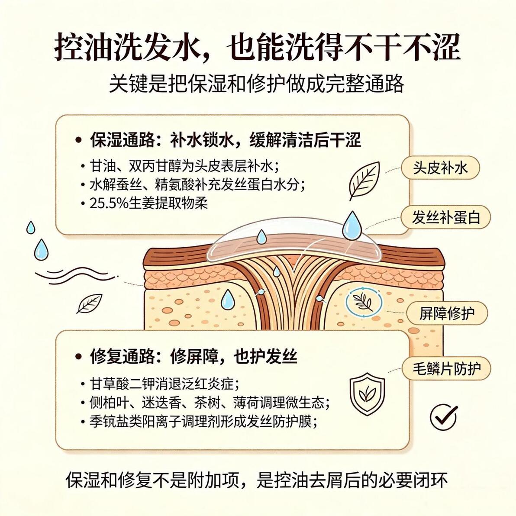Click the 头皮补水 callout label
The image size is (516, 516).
coord(440,168)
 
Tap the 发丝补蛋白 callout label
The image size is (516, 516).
coord(446,217)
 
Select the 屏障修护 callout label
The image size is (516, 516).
coord(447,313)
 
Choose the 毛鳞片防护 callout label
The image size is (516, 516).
coord(447,368)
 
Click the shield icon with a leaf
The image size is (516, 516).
coord(367,392)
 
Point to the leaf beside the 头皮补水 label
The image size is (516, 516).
coord(364,181)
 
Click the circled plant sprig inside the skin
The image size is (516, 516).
coord(364,302)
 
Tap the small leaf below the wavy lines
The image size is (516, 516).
coord(89,303)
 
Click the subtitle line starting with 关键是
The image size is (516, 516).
coord(257,84)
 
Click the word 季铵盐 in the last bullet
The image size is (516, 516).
coord(109,421)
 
